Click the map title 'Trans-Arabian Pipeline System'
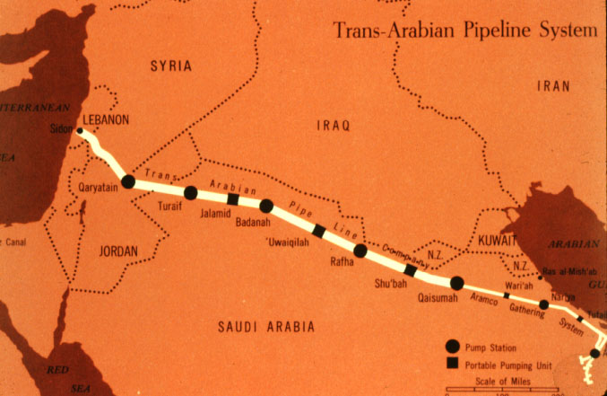coord(464,31)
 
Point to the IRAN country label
coord(554,85)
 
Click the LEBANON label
coord(106,119)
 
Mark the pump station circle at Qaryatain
coord(128,181)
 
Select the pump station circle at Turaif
coord(190,192)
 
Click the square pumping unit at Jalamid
coord(233,199)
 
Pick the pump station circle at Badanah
coord(266,206)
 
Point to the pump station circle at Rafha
coord(360,251)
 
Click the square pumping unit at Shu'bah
coord(410,270)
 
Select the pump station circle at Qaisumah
coord(456,283)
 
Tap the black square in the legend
coord(453,363)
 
